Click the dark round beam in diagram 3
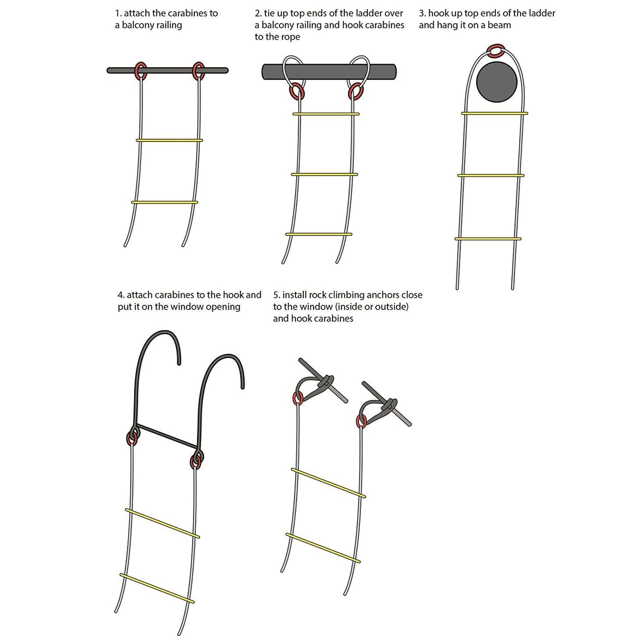pyautogui.click(x=496, y=82)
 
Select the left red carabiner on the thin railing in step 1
pyautogui.click(x=141, y=71)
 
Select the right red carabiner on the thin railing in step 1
pyautogui.click(x=198, y=71)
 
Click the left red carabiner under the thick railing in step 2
pyautogui.click(x=297, y=92)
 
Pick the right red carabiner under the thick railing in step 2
pyautogui.click(x=355, y=92)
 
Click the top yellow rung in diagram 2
pyautogui.click(x=326, y=114)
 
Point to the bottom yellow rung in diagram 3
pyautogui.click(x=488, y=239)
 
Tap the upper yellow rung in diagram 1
pyautogui.click(x=169, y=140)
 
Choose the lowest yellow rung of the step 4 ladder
pyautogui.click(x=157, y=588)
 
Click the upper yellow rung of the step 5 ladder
pyautogui.click(x=328, y=483)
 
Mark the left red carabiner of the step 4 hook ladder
pyautogui.click(x=132, y=438)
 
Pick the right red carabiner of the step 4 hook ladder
pyautogui.click(x=196, y=461)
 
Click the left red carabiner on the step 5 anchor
pyautogui.click(x=297, y=398)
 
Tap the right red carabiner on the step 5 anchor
pyautogui.click(x=361, y=421)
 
